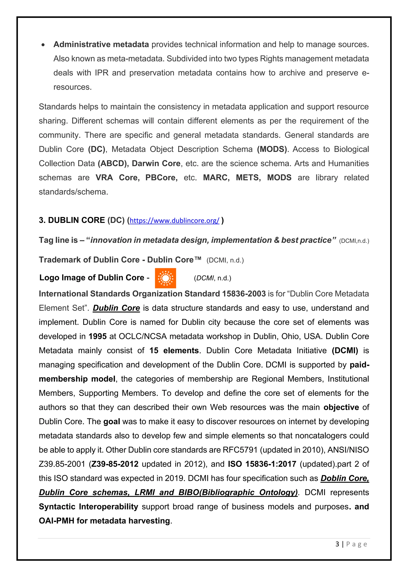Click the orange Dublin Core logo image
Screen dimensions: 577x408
click(165, 278)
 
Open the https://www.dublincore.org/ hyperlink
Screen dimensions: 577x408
click(174, 221)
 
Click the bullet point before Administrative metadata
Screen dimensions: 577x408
click(43, 45)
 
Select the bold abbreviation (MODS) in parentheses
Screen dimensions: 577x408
click(272, 149)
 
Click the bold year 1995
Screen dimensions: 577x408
click(97, 336)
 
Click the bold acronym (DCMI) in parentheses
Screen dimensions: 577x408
click(345, 351)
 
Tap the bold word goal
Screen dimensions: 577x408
click(112, 421)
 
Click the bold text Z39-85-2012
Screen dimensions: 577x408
click(115, 464)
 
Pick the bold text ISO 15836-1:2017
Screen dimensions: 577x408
click(262, 464)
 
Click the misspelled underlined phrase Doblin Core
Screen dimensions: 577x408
click(344, 478)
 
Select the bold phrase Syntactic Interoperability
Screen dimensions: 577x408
click(88, 507)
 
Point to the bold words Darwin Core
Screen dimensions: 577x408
click(156, 164)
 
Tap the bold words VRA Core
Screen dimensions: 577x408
click(117, 178)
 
